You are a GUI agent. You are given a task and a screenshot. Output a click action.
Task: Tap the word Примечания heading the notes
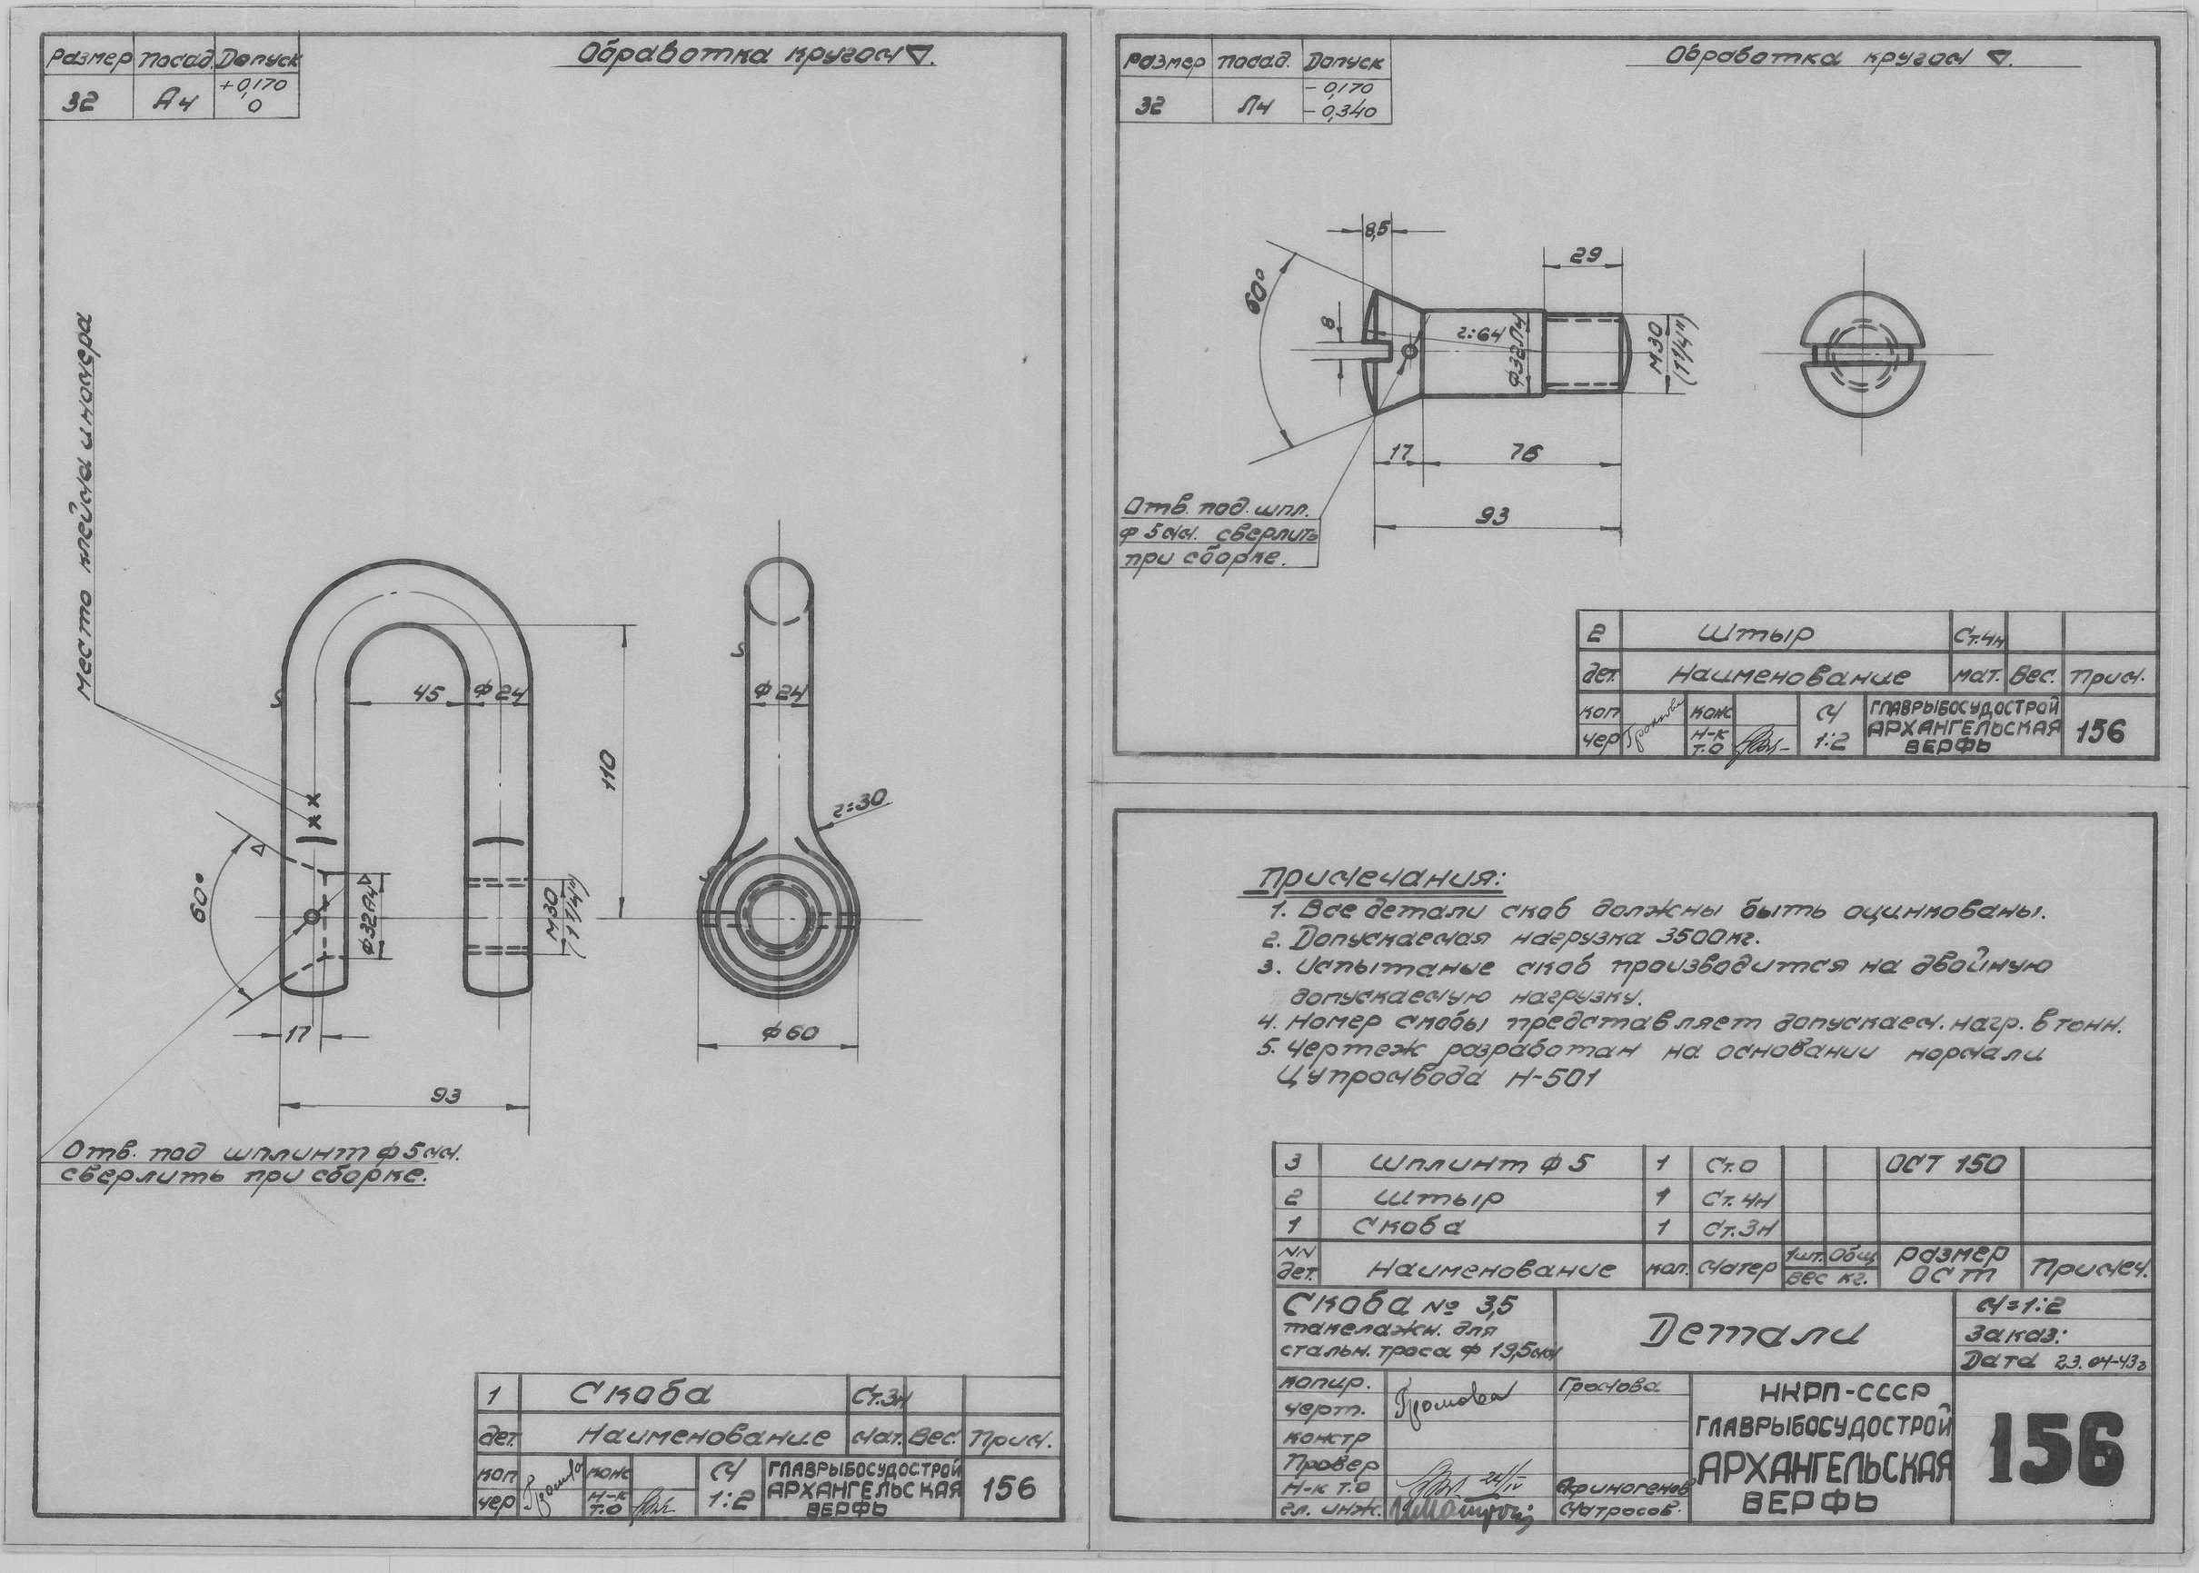(x=1378, y=879)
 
